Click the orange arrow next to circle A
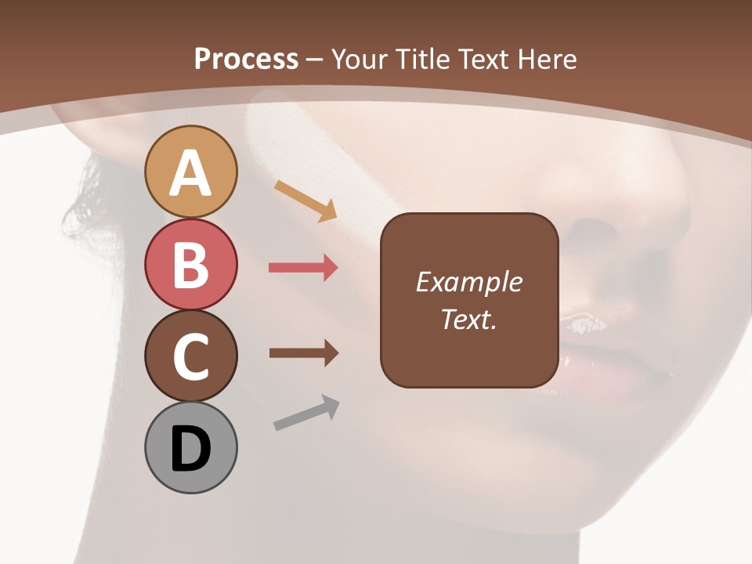click(x=305, y=200)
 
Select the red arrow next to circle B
click(x=303, y=268)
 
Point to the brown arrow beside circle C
click(x=303, y=353)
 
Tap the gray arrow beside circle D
click(x=306, y=413)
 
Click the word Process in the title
click(x=246, y=59)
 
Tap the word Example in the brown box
click(x=468, y=282)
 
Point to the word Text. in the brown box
click(x=468, y=319)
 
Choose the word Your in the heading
click(x=360, y=59)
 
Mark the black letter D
click(x=190, y=450)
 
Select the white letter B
click(x=190, y=265)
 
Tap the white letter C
click(x=190, y=356)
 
